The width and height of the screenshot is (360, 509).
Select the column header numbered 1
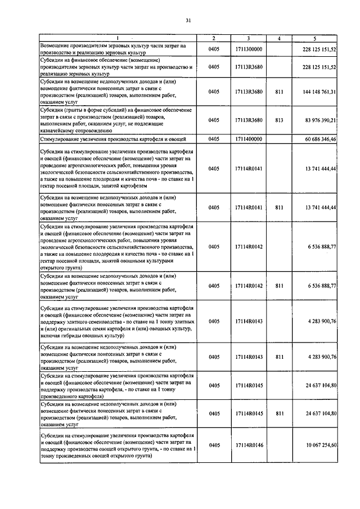[x=118, y=38]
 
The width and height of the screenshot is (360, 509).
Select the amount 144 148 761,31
[x=319, y=91]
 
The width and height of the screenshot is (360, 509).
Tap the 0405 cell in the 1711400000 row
[x=214, y=138]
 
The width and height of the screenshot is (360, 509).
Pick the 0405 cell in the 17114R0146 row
[x=214, y=445]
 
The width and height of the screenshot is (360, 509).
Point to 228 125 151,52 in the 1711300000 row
[x=319, y=49]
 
